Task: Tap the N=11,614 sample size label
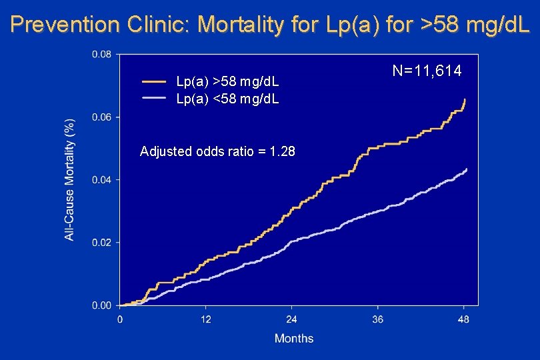pyautogui.click(x=427, y=71)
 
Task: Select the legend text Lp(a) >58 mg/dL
pyautogui.click(x=227, y=82)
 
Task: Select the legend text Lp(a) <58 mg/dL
pyautogui.click(x=227, y=99)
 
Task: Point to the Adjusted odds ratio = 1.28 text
pyautogui.click(x=218, y=151)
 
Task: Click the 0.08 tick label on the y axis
pyautogui.click(x=101, y=55)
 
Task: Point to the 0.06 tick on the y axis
pyautogui.click(x=101, y=117)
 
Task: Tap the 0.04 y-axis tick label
pyautogui.click(x=101, y=180)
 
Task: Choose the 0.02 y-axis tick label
pyautogui.click(x=101, y=243)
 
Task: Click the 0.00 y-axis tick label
pyautogui.click(x=101, y=305)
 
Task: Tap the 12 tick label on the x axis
pyautogui.click(x=206, y=319)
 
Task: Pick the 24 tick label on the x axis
pyautogui.click(x=292, y=319)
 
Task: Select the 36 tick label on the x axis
pyautogui.click(x=378, y=319)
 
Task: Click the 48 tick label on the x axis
pyautogui.click(x=464, y=319)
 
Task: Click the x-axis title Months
pyautogui.click(x=293, y=338)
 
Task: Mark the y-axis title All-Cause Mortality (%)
pyautogui.click(x=69, y=180)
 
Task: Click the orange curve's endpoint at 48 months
pyautogui.click(x=465, y=100)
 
